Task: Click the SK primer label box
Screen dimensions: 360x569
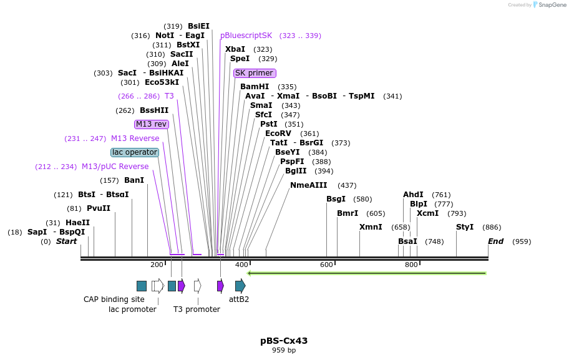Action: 254,73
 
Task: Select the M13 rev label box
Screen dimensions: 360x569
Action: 152,124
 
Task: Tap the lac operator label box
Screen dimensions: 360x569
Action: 135,152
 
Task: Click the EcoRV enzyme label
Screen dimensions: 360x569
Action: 278,134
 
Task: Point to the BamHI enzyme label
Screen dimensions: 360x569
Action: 255,87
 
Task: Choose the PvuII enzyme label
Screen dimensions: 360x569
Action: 99,208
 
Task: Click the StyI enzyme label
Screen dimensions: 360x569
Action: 465,227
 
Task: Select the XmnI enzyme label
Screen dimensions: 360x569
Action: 371,227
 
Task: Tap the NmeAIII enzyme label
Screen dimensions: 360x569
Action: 308,185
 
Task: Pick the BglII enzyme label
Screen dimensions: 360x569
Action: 296,171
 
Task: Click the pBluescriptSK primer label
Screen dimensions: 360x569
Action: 246,36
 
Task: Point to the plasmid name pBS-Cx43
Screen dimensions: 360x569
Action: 284,341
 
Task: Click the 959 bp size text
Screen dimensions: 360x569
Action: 284,351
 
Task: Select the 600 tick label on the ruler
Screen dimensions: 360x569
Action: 326,265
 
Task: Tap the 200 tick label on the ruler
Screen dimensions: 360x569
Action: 157,265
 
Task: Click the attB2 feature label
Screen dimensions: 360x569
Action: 239,299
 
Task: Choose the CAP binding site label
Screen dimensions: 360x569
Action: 114,299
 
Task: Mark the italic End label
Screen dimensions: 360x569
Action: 495,241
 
